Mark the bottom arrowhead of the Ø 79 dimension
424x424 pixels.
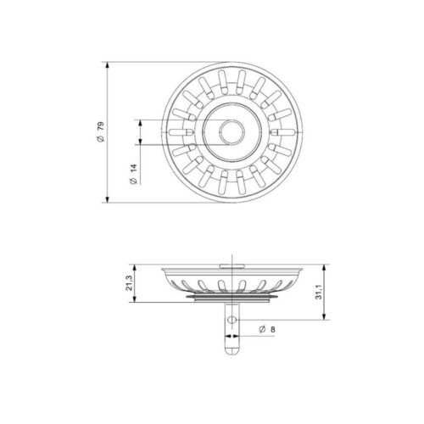tap(108, 200)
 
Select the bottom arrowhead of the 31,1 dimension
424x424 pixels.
tap(325, 320)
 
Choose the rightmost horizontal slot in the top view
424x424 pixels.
tap(282, 131)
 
